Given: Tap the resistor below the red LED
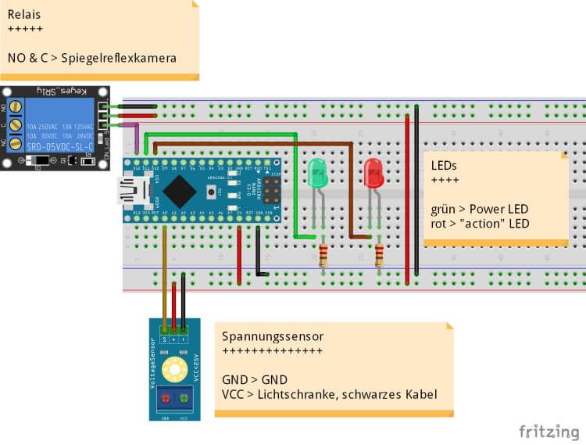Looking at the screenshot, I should pos(380,255).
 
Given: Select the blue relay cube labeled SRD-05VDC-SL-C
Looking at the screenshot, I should pos(59,125).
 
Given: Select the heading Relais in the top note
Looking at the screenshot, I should pos(24,14).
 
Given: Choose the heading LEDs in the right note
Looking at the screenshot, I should pos(444,167).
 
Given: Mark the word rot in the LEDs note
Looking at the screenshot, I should pos(438,224).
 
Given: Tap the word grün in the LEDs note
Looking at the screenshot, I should pos(442,210).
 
